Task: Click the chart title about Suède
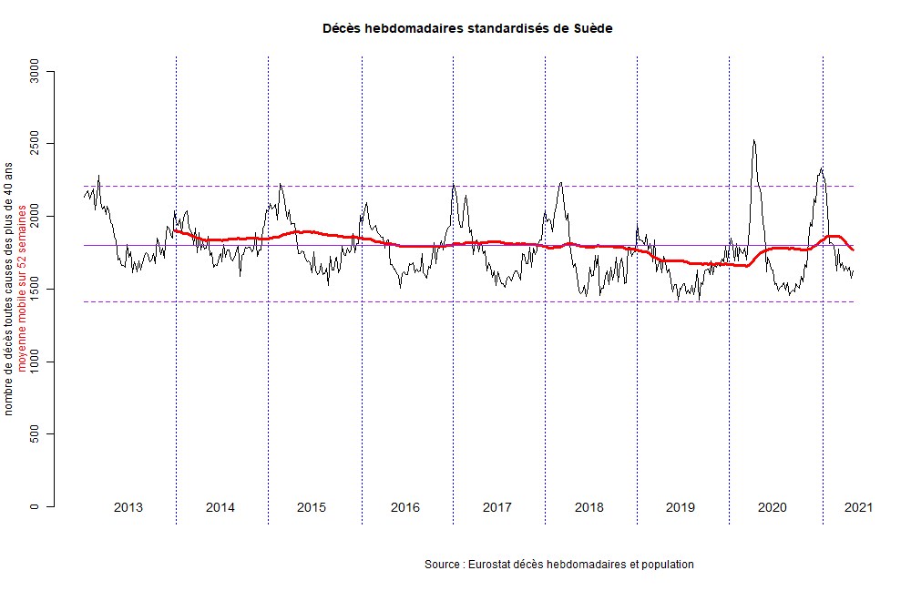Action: coord(467,28)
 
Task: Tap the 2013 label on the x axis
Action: coord(128,507)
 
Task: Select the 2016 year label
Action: coord(404,507)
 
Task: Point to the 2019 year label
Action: coord(681,507)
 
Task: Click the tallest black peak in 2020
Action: coord(753,140)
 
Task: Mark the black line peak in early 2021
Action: coord(822,168)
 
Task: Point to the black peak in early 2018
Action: coord(561,183)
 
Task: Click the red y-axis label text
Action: coord(22,289)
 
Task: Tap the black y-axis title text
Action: coord(9,289)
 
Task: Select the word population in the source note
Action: coord(668,565)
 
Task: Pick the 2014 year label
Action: coord(220,507)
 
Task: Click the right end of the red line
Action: coord(853,250)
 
